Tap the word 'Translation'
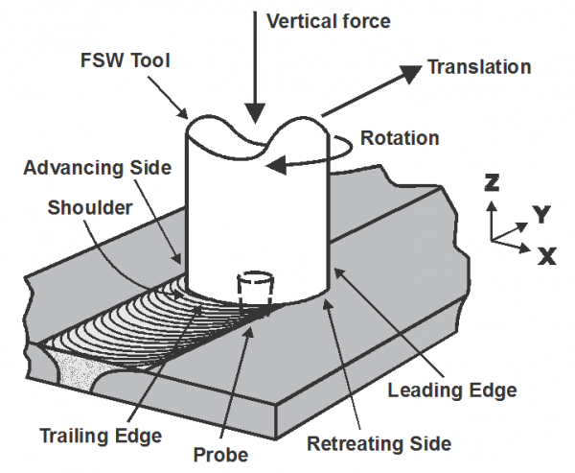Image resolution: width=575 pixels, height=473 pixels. tap(478, 67)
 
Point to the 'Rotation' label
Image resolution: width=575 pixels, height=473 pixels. tap(399, 138)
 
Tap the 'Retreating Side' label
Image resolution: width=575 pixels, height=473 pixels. tap(379, 444)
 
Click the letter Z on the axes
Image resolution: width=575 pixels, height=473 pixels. tap(492, 182)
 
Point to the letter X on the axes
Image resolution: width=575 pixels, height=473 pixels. tap(546, 255)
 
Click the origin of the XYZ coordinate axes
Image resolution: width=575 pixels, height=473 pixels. tap(493, 237)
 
